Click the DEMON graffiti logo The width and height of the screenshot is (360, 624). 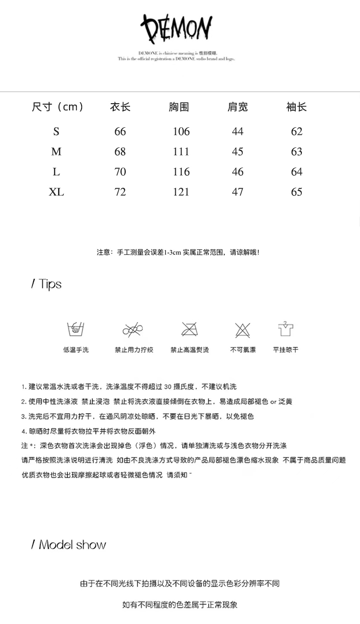coord(177,30)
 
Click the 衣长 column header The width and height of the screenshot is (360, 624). coord(120,107)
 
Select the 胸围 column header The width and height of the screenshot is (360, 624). coord(179,107)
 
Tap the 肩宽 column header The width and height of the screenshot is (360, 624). coord(238,107)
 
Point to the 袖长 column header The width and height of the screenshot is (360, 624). coord(296,107)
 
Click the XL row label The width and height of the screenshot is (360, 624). coord(56,192)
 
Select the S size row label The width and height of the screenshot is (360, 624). coord(56,132)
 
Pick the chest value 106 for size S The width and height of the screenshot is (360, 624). coord(181,132)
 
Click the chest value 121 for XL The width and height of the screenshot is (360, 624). coord(181,192)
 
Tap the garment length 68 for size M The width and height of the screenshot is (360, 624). coord(120,152)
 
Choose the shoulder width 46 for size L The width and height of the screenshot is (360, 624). coord(238,172)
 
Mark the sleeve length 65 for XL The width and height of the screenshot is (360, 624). coord(297,192)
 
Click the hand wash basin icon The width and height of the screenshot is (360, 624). coord(75,329)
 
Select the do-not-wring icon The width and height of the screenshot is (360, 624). coord(133,329)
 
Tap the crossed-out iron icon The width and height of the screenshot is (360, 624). coord(190,329)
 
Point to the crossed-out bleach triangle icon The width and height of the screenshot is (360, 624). coord(243,330)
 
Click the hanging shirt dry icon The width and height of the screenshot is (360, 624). coord(286,329)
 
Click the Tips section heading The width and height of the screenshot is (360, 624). coord(47,284)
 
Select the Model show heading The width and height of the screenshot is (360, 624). coord(69,545)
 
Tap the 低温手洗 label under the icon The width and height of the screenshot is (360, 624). coord(76,350)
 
